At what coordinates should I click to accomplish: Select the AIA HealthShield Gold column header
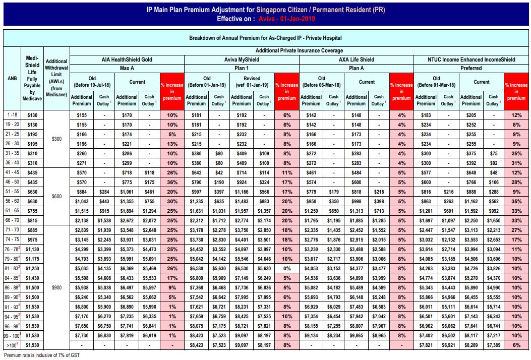tap(127, 59)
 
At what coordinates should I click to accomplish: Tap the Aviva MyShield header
tap(242, 59)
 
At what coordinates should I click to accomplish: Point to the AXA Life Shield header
tap(356, 59)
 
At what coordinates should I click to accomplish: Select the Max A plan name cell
tap(127, 68)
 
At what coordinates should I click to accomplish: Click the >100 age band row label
tap(12, 344)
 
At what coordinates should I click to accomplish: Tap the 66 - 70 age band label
tap(12, 220)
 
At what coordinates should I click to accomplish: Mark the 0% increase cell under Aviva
tap(287, 268)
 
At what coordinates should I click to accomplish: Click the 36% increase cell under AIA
tap(172, 182)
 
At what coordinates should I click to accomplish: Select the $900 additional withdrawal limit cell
tap(56, 287)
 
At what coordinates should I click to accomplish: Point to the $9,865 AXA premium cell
tap(356, 335)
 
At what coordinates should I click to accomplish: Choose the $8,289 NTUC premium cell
tap(471, 344)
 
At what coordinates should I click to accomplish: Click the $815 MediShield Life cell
tap(32, 220)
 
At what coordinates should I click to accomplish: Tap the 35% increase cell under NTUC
tap(516, 201)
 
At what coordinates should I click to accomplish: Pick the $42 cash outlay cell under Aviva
tap(219, 172)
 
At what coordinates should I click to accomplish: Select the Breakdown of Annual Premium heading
tap(265, 38)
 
